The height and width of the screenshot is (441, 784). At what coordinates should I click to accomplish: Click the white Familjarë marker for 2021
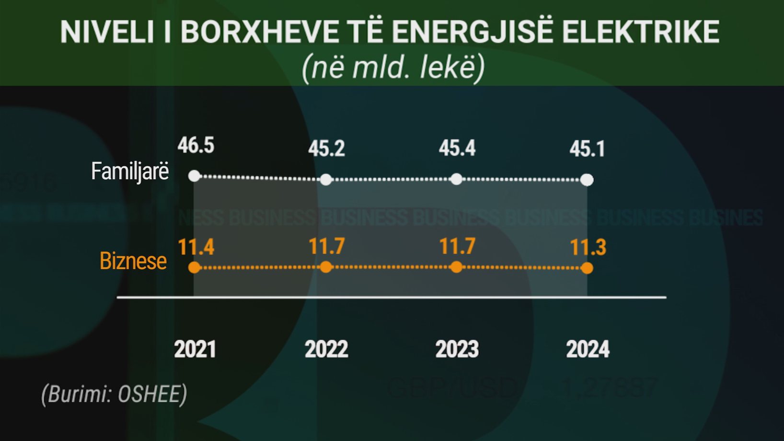pyautogui.click(x=194, y=176)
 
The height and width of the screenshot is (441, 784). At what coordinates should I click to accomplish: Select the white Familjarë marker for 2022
pyautogui.click(x=326, y=180)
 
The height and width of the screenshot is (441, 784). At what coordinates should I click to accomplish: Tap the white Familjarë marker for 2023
pyautogui.click(x=457, y=179)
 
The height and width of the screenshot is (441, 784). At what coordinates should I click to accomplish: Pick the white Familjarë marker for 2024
pyautogui.click(x=587, y=180)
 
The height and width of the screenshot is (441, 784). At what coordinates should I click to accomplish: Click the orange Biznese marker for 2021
pyautogui.click(x=194, y=267)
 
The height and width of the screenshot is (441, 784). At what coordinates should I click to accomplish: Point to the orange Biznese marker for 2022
pyautogui.click(x=326, y=267)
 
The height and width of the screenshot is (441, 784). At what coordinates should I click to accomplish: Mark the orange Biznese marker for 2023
pyautogui.click(x=457, y=267)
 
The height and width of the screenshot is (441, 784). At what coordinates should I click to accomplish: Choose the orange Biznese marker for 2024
pyautogui.click(x=587, y=268)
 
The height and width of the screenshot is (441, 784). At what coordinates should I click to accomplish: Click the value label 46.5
pyautogui.click(x=196, y=145)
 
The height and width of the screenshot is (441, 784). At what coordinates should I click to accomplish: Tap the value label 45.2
pyautogui.click(x=326, y=149)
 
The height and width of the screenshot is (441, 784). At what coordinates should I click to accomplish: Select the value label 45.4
pyautogui.click(x=457, y=148)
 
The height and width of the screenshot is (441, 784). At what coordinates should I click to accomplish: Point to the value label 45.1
pyautogui.click(x=588, y=149)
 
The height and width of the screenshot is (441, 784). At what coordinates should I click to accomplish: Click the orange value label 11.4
pyautogui.click(x=196, y=247)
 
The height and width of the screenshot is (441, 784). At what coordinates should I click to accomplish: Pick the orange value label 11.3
pyautogui.click(x=588, y=247)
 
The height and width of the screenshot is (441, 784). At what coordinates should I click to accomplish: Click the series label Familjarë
pyautogui.click(x=130, y=172)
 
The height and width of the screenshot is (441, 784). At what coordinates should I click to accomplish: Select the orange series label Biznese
pyautogui.click(x=133, y=261)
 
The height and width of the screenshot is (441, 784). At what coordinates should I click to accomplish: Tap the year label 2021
pyautogui.click(x=195, y=349)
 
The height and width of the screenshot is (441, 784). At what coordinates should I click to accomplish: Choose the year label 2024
pyautogui.click(x=588, y=349)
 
